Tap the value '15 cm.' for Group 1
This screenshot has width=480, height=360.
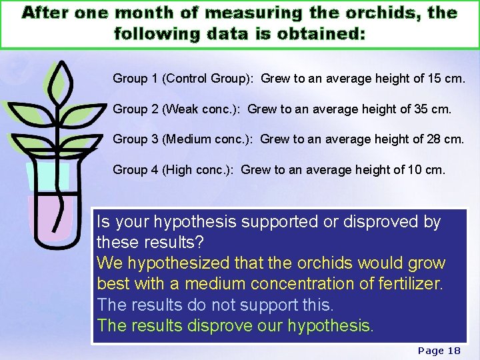pos(446,79)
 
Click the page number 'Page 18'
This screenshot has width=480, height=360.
pos(439,351)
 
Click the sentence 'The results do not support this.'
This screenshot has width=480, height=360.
pos(215,305)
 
